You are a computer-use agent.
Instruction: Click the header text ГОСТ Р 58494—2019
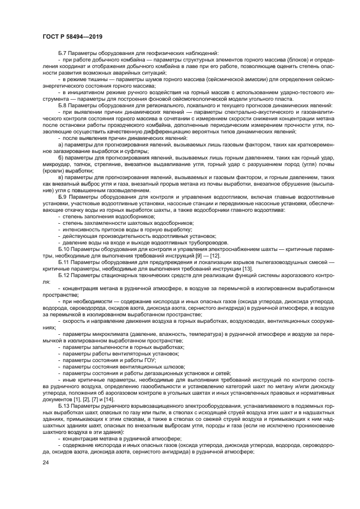click(x=72, y=36)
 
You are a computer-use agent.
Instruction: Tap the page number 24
click(x=46, y=462)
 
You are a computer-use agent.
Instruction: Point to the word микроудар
click(x=56, y=165)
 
